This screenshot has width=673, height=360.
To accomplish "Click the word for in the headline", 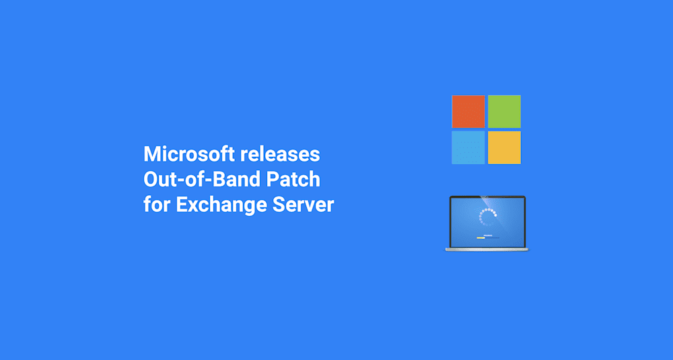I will tap(156, 205).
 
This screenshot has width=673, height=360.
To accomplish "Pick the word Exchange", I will tap(222, 205).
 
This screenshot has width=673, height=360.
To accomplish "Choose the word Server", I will tap(307, 205).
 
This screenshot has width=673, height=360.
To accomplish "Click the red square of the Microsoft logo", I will tap(468, 111).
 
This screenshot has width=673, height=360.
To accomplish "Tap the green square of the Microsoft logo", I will tap(504, 111).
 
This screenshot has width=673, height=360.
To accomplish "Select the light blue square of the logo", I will tap(468, 147).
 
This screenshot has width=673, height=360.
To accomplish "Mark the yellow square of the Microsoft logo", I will tap(504, 147).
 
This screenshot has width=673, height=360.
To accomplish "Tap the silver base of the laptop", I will tap(487, 250).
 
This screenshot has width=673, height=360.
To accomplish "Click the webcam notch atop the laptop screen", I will tap(487, 197).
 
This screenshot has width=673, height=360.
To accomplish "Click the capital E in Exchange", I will tap(182, 205).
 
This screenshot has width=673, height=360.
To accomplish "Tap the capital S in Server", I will tap(280, 205).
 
